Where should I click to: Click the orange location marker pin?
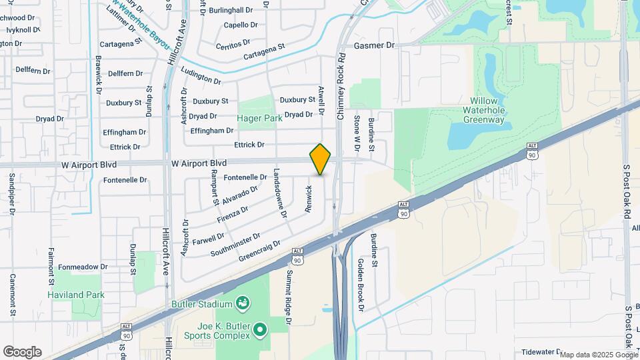click(320, 159)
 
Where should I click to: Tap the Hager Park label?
click(260, 119)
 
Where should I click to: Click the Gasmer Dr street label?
click(375, 45)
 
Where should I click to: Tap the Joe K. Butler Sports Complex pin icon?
click(260, 328)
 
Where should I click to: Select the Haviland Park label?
click(76, 295)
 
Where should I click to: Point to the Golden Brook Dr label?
click(361, 285)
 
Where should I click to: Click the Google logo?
click(22, 352)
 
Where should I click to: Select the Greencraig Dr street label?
click(259, 250)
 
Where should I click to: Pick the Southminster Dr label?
click(235, 245)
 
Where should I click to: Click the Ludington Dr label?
click(201, 77)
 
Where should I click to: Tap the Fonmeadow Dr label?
click(82, 267)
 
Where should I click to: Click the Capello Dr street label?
click(241, 25)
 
